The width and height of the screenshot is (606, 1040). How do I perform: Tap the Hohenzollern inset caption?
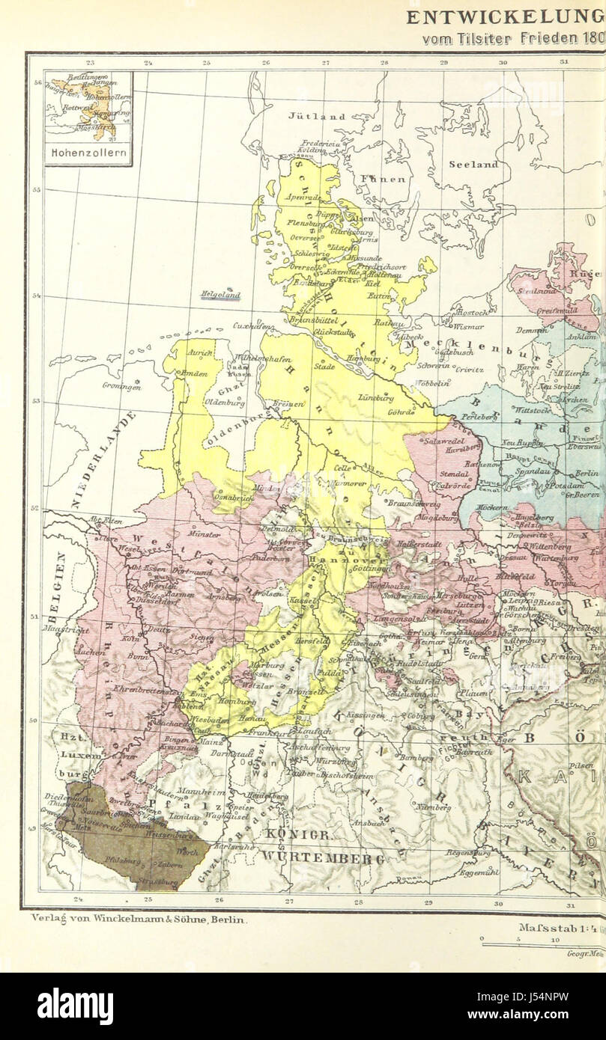(x=88, y=155)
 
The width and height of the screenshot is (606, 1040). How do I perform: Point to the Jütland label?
(x=318, y=117)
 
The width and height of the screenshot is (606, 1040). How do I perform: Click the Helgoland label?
(x=219, y=295)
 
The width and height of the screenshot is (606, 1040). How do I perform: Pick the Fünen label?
(x=382, y=180)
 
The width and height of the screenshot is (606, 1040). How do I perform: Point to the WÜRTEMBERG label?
(x=323, y=859)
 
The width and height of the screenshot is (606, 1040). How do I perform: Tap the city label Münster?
(x=205, y=534)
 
